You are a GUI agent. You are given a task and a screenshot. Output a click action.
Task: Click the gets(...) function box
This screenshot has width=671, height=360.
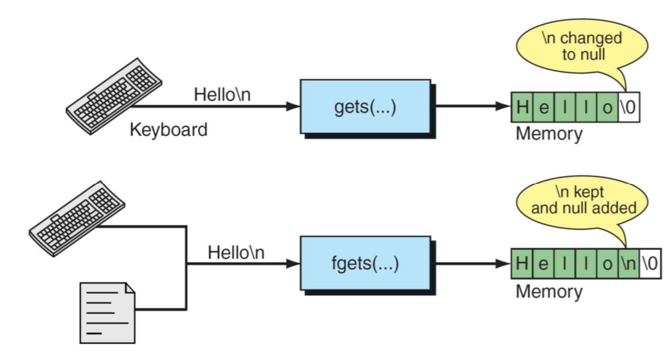(x=365, y=107)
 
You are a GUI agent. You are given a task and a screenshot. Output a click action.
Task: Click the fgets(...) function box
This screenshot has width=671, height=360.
(x=365, y=264)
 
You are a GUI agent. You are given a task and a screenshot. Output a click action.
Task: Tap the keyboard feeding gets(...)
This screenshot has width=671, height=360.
(x=114, y=96)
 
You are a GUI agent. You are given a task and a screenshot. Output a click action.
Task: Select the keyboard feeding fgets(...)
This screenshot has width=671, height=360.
(x=77, y=219)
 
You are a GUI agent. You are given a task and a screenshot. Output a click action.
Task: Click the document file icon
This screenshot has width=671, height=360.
(x=107, y=312)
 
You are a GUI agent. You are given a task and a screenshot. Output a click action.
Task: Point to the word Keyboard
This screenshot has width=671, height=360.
(x=168, y=129)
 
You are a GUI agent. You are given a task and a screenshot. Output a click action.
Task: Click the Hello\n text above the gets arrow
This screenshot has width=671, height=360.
(x=222, y=94)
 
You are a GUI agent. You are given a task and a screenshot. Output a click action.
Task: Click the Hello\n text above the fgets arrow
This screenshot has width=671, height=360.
(x=236, y=252)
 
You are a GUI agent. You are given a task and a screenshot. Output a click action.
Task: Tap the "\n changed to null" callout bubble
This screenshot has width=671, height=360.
(x=582, y=46)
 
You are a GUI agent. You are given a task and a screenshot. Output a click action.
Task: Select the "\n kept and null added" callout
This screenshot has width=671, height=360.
(x=582, y=201)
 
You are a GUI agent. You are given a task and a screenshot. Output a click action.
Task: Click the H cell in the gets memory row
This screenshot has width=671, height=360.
(x=522, y=107)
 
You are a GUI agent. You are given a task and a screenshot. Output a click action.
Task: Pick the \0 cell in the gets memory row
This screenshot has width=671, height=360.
(x=629, y=107)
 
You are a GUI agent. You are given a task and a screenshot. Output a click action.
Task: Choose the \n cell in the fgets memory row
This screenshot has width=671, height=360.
(x=629, y=264)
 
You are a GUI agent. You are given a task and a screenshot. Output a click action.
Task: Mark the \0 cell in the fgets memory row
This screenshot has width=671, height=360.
(x=650, y=264)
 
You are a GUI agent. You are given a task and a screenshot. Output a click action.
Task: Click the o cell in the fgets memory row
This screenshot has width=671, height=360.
(x=607, y=264)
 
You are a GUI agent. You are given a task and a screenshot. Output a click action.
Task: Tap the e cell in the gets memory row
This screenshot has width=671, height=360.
(x=544, y=107)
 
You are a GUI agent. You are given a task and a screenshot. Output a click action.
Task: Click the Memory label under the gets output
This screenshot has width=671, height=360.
(x=549, y=134)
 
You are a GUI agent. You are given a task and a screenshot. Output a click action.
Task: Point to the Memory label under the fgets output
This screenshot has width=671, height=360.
(x=549, y=291)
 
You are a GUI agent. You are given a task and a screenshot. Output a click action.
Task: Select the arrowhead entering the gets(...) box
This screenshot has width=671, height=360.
(x=293, y=106)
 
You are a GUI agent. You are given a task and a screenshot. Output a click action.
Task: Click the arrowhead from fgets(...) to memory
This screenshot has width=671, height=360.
(x=504, y=264)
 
